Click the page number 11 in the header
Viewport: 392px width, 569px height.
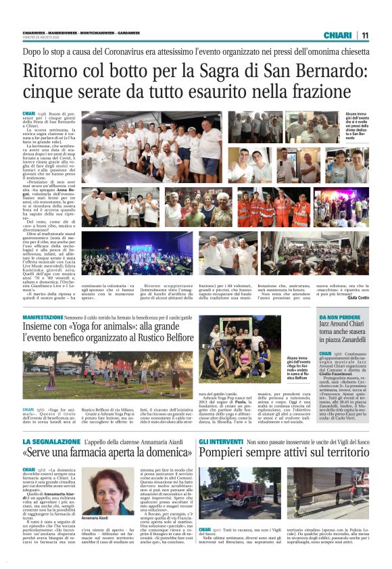pyautogui.click(x=364, y=35)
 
